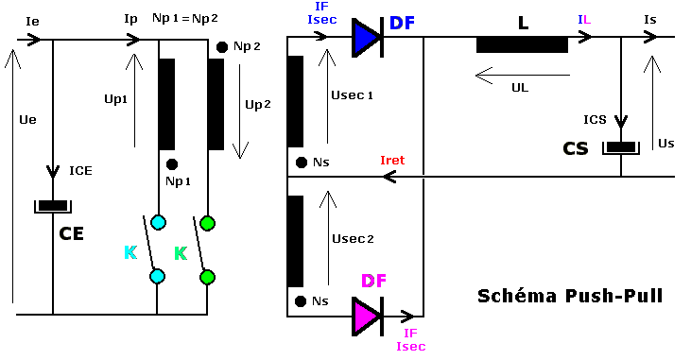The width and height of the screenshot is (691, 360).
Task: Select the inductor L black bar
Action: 522,43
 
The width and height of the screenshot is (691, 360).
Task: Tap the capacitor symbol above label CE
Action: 52,206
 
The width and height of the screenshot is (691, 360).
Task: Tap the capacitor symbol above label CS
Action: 621,146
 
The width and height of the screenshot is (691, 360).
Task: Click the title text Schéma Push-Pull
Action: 568,297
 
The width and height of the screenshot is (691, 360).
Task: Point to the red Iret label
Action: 390,162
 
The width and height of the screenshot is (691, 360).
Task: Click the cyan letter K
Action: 130,252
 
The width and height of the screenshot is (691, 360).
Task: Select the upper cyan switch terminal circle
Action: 158,223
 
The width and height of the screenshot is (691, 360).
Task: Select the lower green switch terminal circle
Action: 207,277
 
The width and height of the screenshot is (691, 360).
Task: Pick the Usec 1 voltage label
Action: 353,95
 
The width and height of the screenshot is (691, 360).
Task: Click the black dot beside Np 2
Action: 222,46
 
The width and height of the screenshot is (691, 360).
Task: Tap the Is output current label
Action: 649,19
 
